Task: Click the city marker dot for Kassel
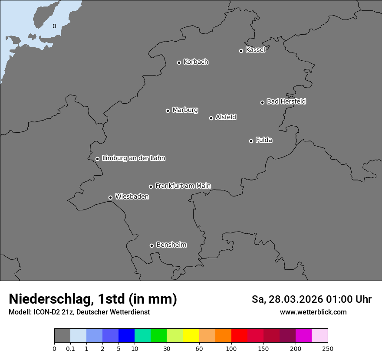pyautogui.click(x=241, y=51)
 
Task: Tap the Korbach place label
pyautogui.click(x=196, y=62)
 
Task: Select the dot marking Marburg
pyautogui.click(x=168, y=111)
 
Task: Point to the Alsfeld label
pyautogui.click(x=226, y=117)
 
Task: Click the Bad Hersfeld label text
pyautogui.click(x=286, y=101)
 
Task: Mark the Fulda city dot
pyautogui.click(x=251, y=141)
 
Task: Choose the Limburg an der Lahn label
pyautogui.click(x=133, y=158)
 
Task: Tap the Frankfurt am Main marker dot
pyautogui.click(x=151, y=187)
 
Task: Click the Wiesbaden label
pyautogui.click(x=132, y=197)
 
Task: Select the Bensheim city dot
pyautogui.click(x=151, y=245)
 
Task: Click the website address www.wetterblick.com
pyautogui.click(x=313, y=312)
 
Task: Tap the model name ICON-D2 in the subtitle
pyautogui.click(x=46, y=312)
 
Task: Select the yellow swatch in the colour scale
pyautogui.click(x=191, y=336)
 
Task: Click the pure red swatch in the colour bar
pyautogui.click(x=239, y=336)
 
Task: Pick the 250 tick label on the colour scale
pyautogui.click(x=328, y=349)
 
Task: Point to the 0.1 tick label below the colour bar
pyautogui.click(x=70, y=349)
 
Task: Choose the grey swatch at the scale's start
pyautogui.click(x=62, y=336)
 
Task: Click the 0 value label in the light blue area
pyautogui.click(x=54, y=26)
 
